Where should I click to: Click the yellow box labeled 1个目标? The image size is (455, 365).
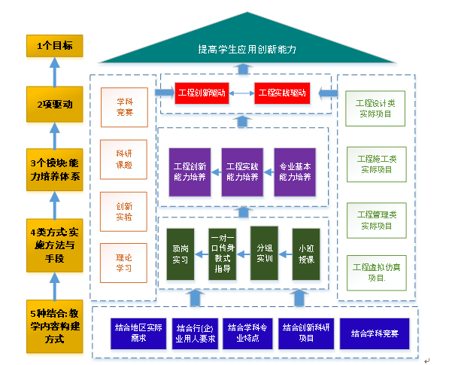pyautogui.click(x=54, y=47)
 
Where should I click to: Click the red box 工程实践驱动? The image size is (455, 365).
pyautogui.click(x=281, y=93)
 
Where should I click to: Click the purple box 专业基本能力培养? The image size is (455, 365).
pyautogui.click(x=295, y=172)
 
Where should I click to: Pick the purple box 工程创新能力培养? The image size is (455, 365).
pyautogui.click(x=190, y=172)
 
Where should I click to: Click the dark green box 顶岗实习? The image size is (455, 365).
pyautogui.click(x=179, y=253)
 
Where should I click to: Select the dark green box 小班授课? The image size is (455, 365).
pyautogui.click(x=305, y=253)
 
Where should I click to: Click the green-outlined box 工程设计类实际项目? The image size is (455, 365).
pyautogui.click(x=376, y=108)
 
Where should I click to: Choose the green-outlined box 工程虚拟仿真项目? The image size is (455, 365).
pyautogui.click(x=376, y=272)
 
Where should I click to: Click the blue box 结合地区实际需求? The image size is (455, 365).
pyautogui.click(x=138, y=333)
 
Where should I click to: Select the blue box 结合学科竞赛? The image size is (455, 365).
pyautogui.click(x=373, y=332)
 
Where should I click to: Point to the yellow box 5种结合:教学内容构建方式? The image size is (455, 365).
pyautogui.click(x=54, y=326)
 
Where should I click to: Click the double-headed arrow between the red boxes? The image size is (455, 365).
pyautogui.click(x=241, y=93)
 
